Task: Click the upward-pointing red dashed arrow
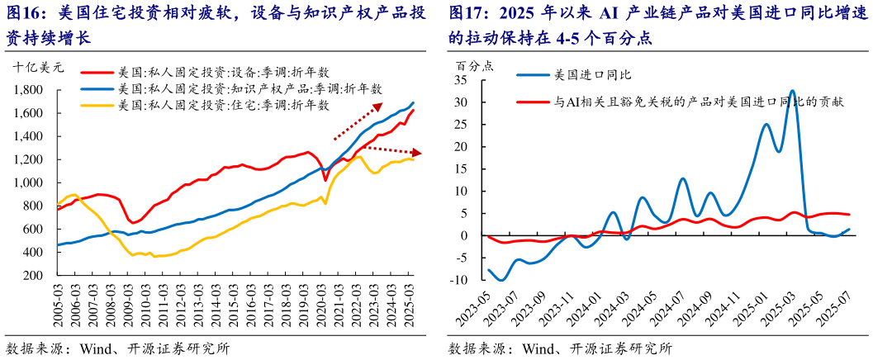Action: pos(357,121)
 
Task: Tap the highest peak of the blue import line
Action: pos(792,91)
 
